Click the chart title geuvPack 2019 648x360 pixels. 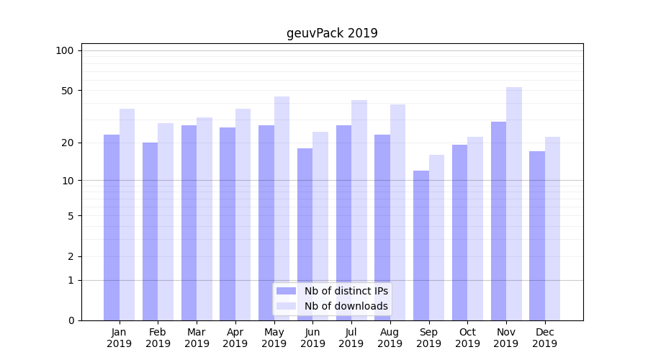tap(332, 33)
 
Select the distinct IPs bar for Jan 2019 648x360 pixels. tap(112, 228)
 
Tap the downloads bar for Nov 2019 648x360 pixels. tap(514, 204)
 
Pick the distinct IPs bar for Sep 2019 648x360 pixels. tap(421, 246)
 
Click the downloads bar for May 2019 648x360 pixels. tap(282, 209)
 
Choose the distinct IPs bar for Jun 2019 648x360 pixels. tap(305, 234)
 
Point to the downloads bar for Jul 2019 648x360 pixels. tap(359, 210)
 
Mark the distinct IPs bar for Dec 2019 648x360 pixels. tap(537, 235)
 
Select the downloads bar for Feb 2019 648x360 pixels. tap(166, 222)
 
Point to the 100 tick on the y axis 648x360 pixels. tap(65, 50)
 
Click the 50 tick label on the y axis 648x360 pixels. tap(68, 91)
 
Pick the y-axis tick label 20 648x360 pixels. tap(68, 143)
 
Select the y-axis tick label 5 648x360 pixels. tap(71, 215)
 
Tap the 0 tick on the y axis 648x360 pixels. tap(71, 320)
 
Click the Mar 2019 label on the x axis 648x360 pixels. tap(197, 338)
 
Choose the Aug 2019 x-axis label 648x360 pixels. tap(390, 338)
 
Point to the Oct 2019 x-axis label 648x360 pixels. tap(467, 338)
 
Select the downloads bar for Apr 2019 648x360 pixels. tap(243, 215)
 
